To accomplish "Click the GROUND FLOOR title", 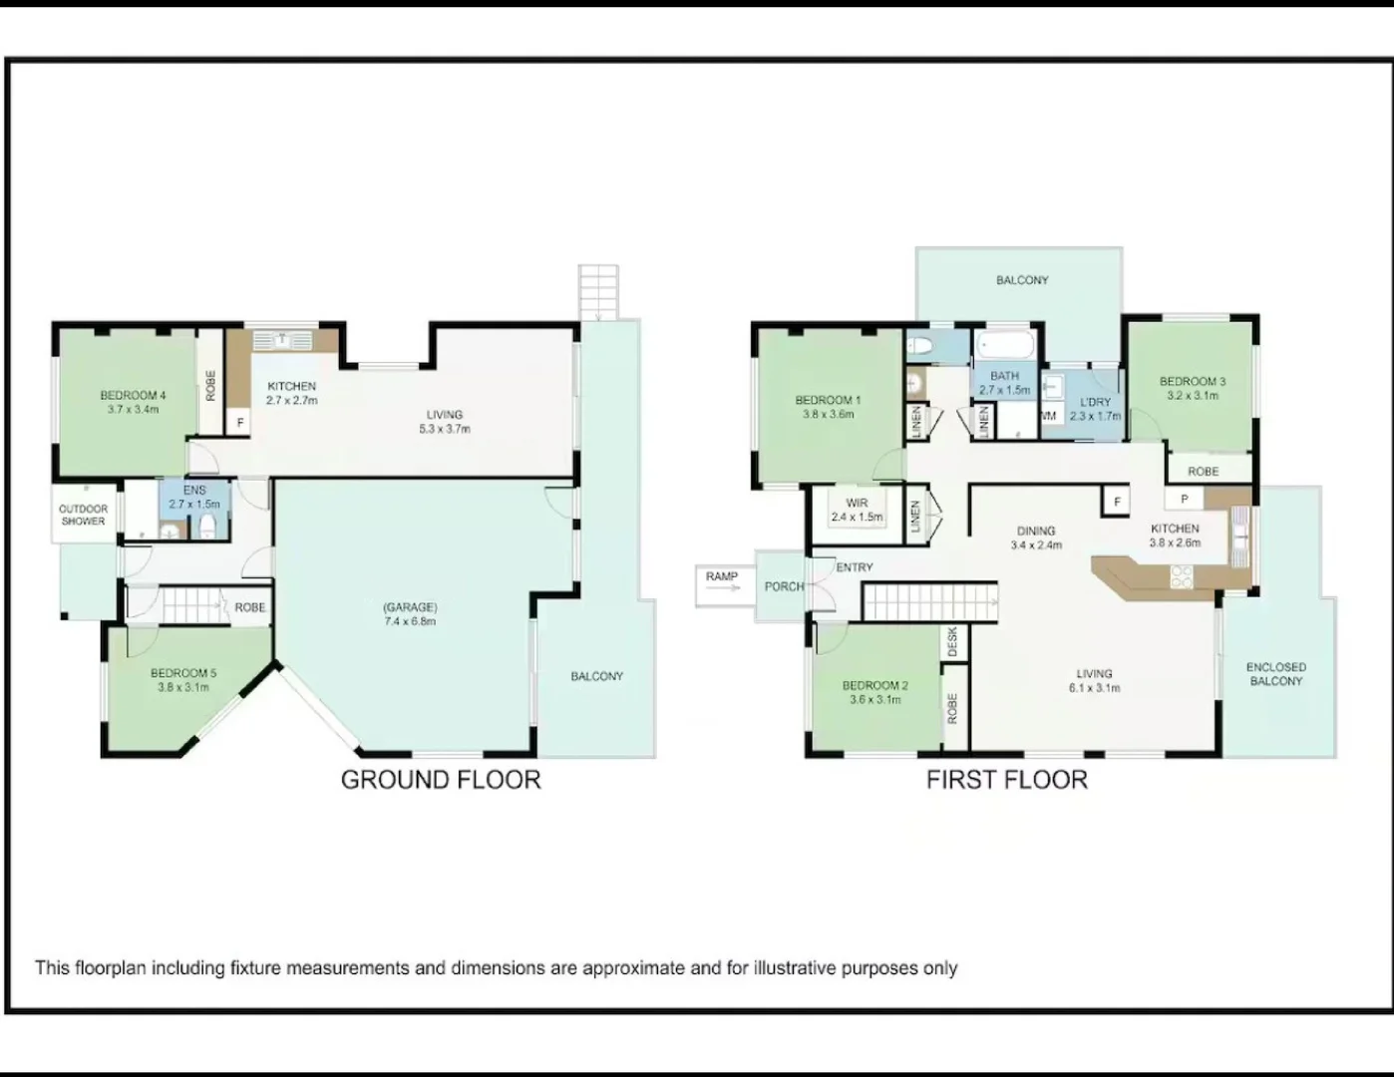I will (x=441, y=780).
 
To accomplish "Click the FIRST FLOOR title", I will (x=1006, y=780).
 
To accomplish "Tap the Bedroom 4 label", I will (x=133, y=402).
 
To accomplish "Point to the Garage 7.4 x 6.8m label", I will (x=410, y=614).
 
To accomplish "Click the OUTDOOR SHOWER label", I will (x=83, y=516).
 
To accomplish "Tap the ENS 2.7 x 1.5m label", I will (x=194, y=497).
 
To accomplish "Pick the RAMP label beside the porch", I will (x=722, y=577).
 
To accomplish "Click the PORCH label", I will (x=784, y=586).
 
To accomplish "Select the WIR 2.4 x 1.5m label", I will (x=857, y=511).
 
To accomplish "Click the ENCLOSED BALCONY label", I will (x=1275, y=674).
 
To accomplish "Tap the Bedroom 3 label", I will (x=1192, y=388).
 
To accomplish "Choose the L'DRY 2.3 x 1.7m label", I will (x=1095, y=409).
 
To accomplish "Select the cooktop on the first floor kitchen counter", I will (x=1182, y=576).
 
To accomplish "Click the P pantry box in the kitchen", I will (x=1184, y=499).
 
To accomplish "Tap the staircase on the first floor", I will (x=928, y=602).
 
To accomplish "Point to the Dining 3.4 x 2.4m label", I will (x=1036, y=538).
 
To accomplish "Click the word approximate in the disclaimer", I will (x=633, y=968).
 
